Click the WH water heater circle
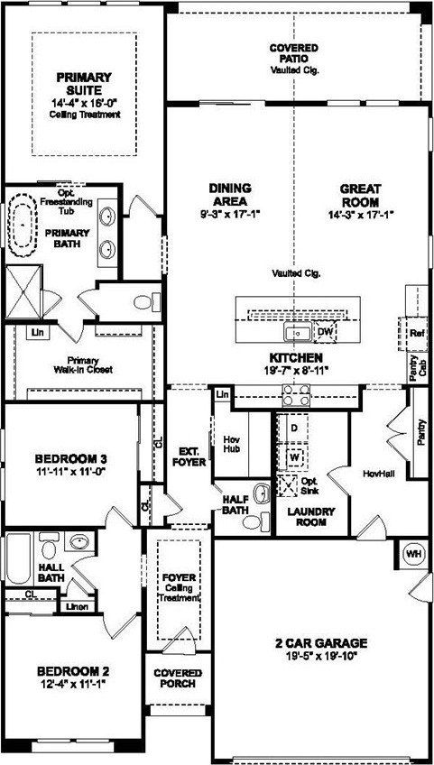point(414,553)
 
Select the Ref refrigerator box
point(416,333)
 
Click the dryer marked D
point(293,427)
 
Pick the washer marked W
point(293,456)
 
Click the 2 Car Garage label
point(321,643)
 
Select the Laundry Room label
point(310,517)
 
